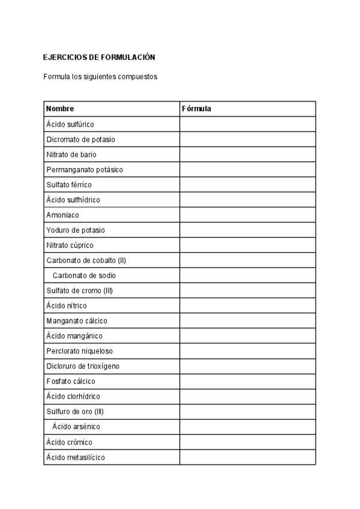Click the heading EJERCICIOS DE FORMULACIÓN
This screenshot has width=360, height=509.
tap(99, 58)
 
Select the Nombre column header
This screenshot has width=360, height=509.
tap(60, 109)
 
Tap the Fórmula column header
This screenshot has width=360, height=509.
tap(196, 109)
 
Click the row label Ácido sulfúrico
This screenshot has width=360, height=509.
tap(70, 124)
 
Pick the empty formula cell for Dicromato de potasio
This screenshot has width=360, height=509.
tap(247, 139)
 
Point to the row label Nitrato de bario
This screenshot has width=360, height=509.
tap(71, 154)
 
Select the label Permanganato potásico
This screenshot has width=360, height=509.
tap(85, 170)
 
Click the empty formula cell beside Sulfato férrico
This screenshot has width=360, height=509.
tap(247, 185)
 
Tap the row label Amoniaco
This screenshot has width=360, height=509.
tap(62, 215)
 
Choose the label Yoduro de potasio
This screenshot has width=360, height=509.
tap(76, 230)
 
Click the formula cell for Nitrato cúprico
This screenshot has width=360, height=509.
tap(247, 245)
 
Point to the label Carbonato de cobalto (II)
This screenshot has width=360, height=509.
tap(86, 261)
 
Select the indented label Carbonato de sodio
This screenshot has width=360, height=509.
tap(84, 276)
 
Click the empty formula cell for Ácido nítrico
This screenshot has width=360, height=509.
tap(247, 306)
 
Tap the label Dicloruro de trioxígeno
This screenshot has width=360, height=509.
tap(85, 366)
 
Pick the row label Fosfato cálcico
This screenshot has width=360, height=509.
tap(71, 381)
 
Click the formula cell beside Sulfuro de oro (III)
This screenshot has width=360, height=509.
tap(247, 411)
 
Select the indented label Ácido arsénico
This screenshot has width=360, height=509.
tap(76, 427)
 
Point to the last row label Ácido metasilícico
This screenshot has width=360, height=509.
tap(76, 457)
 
